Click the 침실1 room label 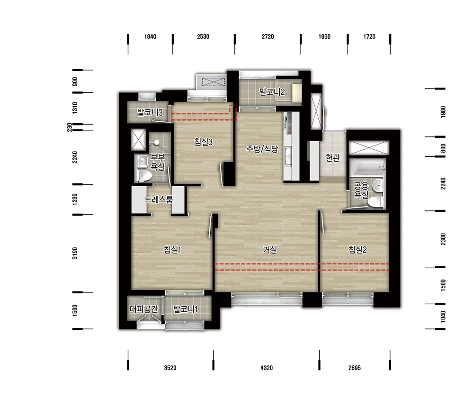point(172,250)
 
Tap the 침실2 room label point(357,250)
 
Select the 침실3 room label point(203,142)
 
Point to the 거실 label point(270,250)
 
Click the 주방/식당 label point(262,149)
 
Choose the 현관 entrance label point(333,157)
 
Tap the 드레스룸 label point(159,199)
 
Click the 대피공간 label point(144,309)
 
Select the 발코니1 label point(186,309)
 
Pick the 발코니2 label point(272,92)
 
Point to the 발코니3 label point(150,112)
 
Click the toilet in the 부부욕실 point(144,176)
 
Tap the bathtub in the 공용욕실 point(367,168)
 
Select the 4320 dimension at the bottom point(267,368)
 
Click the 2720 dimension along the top point(268,36)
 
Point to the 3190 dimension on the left point(75,253)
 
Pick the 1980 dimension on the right point(443,112)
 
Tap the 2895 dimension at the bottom point(355,368)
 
